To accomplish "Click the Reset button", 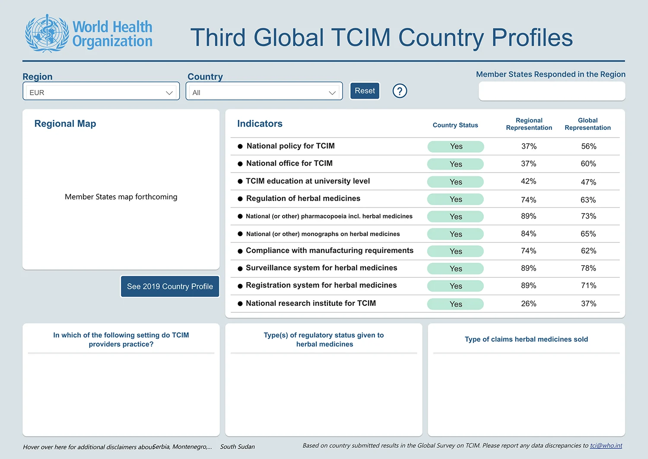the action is (365, 91).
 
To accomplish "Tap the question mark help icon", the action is (400, 91).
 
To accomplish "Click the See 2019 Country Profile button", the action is (170, 286).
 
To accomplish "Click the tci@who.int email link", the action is (606, 446).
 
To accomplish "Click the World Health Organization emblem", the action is (47, 33).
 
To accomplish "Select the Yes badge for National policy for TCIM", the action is (456, 146).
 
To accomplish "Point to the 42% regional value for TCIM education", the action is (528, 181).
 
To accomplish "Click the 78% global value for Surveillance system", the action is (588, 268).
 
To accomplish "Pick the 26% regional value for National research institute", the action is (528, 304).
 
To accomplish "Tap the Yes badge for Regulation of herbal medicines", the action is (455, 199).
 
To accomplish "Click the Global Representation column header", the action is (588, 124).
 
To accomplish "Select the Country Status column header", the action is (455, 125).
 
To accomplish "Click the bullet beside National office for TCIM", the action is (240, 164).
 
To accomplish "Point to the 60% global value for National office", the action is (588, 164).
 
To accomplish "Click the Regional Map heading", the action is (65, 123).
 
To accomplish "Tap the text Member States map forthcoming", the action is (121, 197).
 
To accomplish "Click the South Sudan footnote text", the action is (237, 446).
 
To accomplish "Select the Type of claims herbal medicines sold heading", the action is (526, 339).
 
